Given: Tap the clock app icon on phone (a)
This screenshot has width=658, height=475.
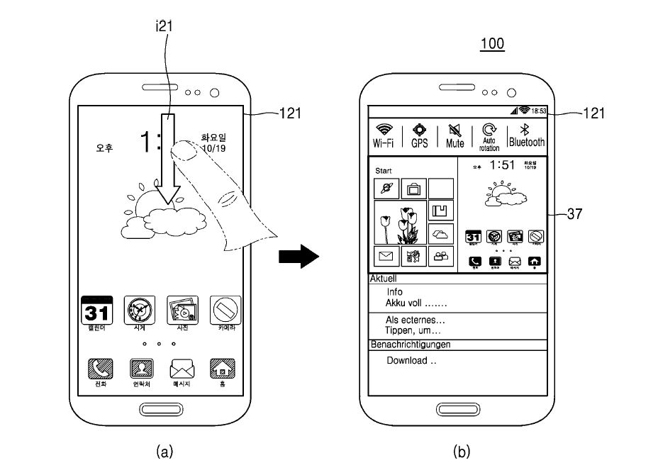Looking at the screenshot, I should pyautogui.click(x=139, y=310).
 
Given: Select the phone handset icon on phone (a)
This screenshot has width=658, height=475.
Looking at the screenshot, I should pyautogui.click(x=100, y=369).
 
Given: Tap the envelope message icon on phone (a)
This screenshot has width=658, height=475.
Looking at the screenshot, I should pyautogui.click(x=182, y=369).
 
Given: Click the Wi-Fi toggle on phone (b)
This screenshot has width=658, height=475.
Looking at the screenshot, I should pyautogui.click(x=384, y=134).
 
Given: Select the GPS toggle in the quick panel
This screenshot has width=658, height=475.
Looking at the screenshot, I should pyautogui.click(x=420, y=134).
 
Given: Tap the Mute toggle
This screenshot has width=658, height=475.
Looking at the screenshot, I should pyautogui.click(x=455, y=134).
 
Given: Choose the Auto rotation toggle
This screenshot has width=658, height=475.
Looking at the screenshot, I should pyautogui.click(x=489, y=135).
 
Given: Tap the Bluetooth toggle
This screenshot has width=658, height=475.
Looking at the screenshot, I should pyautogui.click(x=526, y=134).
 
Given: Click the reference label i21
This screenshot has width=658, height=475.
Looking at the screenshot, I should pyautogui.click(x=164, y=27).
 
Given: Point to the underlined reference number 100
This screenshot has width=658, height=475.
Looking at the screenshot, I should pyautogui.click(x=492, y=44).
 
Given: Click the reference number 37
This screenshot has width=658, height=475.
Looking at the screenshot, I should pyautogui.click(x=575, y=213).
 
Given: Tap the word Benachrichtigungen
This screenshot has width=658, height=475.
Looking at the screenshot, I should pyautogui.click(x=411, y=345).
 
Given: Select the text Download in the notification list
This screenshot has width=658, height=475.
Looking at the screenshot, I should pyautogui.click(x=411, y=360).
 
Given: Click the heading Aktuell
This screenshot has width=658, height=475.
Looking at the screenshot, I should pyautogui.click(x=384, y=279).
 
